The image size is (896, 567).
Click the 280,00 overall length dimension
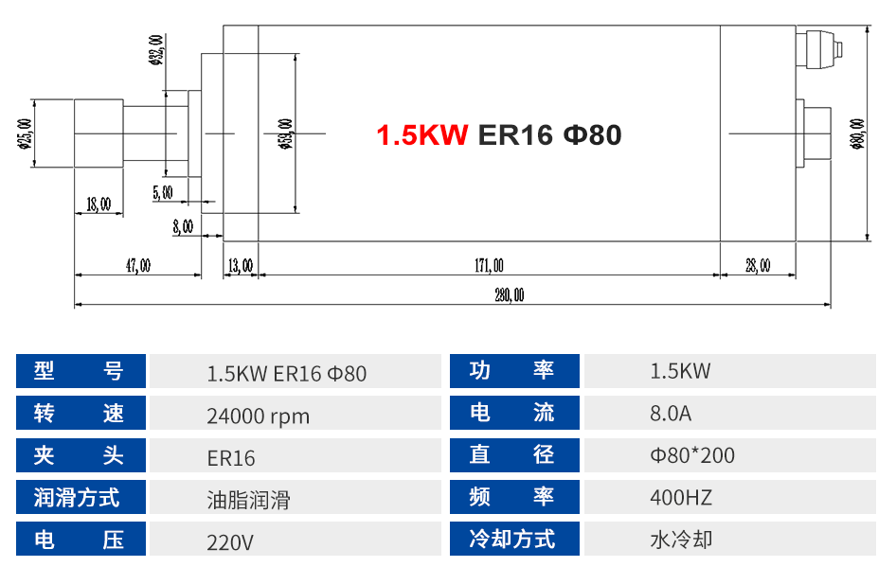[509, 295]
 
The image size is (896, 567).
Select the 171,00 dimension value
[489, 266]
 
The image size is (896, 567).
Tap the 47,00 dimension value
[138, 266]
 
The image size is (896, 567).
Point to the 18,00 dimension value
[99, 204]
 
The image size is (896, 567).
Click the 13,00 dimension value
[241, 266]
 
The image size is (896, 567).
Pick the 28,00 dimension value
[758, 266]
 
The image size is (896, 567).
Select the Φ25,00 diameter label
[24, 135]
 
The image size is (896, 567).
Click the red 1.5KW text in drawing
[422, 135]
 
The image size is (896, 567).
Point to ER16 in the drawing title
[515, 135]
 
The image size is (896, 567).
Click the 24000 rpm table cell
[258, 416]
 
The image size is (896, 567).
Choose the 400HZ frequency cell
[681, 498]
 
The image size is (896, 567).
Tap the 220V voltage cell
[230, 542]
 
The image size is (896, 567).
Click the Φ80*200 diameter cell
[692, 456]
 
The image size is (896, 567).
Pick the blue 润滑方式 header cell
[81, 498]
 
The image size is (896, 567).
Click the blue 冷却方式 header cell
[512, 540]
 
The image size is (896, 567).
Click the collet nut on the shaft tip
[99, 134]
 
